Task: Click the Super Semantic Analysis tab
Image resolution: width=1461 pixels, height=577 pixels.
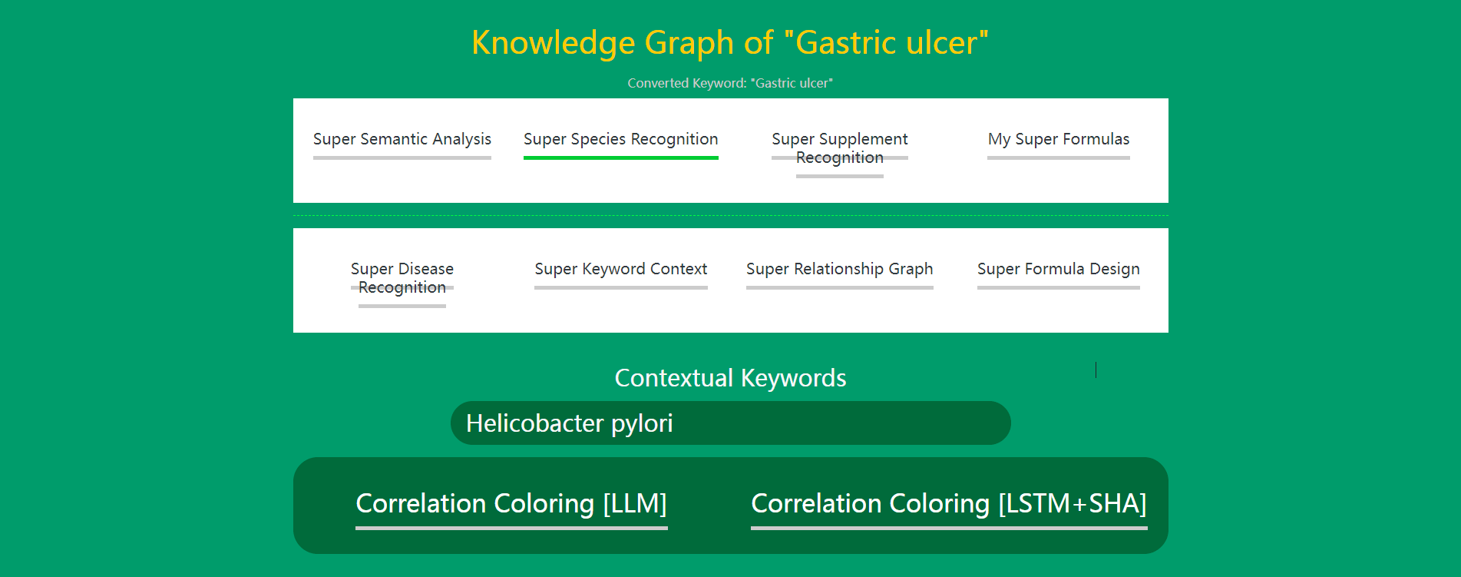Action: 402,139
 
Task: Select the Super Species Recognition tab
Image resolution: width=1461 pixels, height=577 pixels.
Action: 621,139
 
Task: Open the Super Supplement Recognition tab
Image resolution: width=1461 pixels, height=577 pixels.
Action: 840,148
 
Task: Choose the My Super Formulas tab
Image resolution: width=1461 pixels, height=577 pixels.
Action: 1059,139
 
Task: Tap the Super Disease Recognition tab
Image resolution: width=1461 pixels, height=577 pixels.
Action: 402,278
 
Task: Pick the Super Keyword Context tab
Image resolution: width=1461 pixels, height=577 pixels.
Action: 621,269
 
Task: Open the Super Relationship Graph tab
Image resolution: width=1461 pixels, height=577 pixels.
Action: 840,269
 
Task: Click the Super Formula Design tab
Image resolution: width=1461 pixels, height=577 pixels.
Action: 1059,269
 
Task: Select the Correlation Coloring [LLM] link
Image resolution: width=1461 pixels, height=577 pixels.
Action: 511,504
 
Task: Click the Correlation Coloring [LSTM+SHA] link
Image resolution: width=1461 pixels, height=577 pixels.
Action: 949,504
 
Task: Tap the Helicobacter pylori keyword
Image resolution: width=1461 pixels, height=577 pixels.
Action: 570,423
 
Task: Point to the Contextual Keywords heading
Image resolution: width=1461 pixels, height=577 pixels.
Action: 730,378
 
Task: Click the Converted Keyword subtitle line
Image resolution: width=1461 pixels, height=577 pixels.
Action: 730,83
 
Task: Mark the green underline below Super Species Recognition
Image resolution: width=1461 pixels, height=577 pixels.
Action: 621,158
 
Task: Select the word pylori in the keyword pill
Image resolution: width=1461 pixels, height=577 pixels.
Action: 642,423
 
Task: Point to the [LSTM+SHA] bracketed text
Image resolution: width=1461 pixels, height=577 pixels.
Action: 1073,504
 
